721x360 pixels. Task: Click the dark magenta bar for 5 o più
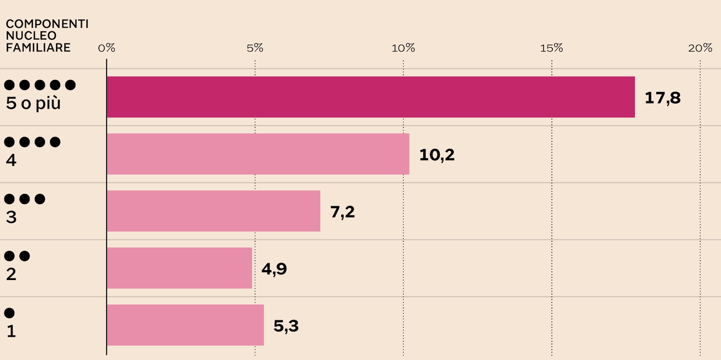[x=370, y=97]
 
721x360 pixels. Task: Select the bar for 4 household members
[x=258, y=154]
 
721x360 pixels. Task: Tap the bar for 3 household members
[x=213, y=211]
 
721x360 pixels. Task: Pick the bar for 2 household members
[x=179, y=268]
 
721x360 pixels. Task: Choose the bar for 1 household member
[x=185, y=325]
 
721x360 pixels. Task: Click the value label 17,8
[x=662, y=98]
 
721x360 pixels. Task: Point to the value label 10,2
[x=437, y=155]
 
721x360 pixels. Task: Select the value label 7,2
[x=342, y=212]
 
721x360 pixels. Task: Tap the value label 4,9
[x=274, y=269]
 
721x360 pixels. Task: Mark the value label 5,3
[x=286, y=326]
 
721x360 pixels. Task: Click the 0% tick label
[x=106, y=48]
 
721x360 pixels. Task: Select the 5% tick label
[x=255, y=48]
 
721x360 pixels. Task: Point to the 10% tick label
[x=403, y=48]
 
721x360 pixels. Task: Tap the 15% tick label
[x=551, y=48]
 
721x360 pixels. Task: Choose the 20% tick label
[x=700, y=48]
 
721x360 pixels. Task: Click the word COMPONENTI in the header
[x=47, y=24]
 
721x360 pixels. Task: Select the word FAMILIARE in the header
[x=38, y=48]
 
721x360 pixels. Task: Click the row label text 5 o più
[x=33, y=103]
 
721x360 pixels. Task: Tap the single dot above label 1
[x=10, y=313]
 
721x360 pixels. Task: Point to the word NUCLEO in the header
[x=31, y=36]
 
